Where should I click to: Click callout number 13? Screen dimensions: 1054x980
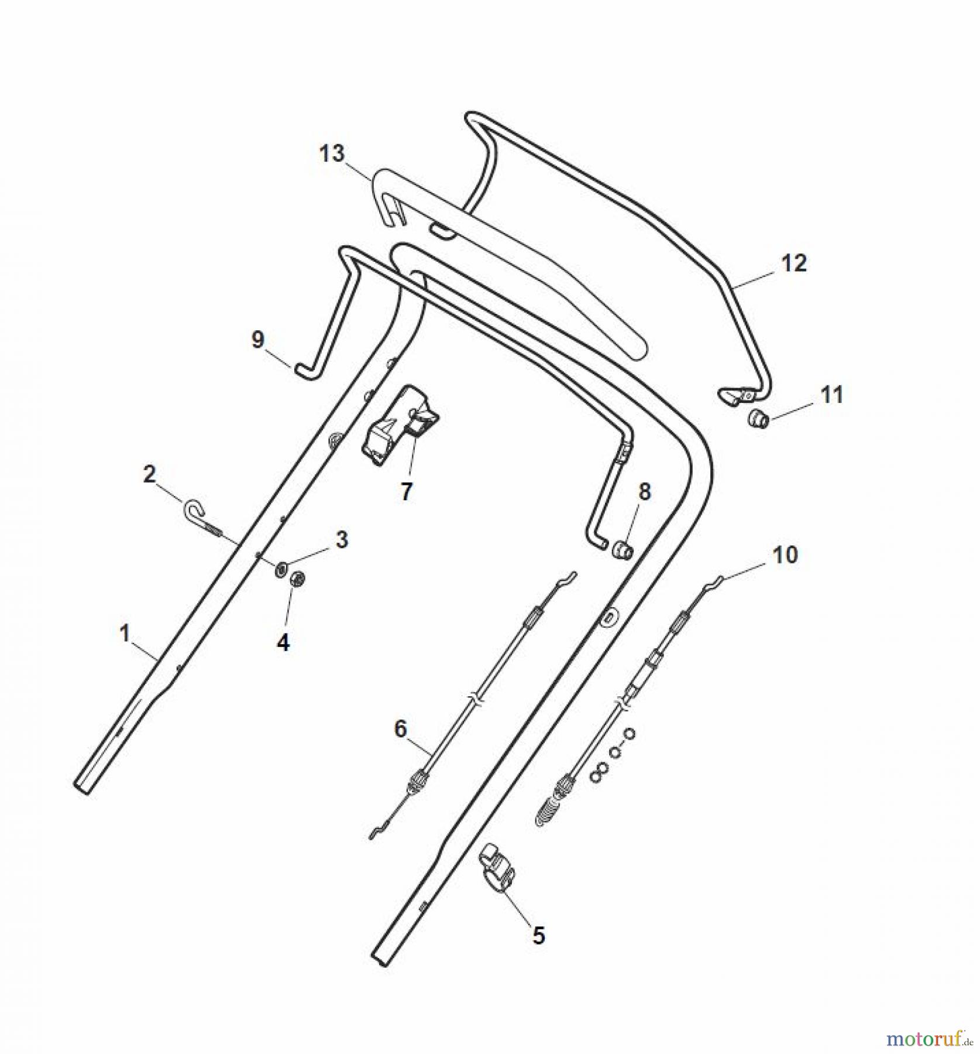click(x=332, y=154)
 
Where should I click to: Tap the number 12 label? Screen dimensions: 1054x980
click(x=794, y=263)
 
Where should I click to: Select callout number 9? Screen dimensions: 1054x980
click(x=258, y=340)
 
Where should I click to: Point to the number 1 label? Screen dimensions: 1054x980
click(x=124, y=634)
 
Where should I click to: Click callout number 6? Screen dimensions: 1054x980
click(x=401, y=729)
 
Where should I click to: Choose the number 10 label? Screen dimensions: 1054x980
click(x=785, y=554)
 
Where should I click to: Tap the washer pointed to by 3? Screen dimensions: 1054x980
click(x=282, y=568)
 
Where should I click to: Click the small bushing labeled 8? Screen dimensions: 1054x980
click(x=623, y=550)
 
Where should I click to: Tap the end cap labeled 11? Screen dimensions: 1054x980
click(x=759, y=419)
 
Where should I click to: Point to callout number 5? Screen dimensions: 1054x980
click(x=538, y=935)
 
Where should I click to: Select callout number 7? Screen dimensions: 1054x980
click(x=406, y=491)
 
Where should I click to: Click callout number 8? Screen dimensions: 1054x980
click(x=644, y=492)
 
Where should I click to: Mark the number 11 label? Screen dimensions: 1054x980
click(x=831, y=395)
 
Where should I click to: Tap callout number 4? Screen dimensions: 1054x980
click(x=283, y=643)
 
